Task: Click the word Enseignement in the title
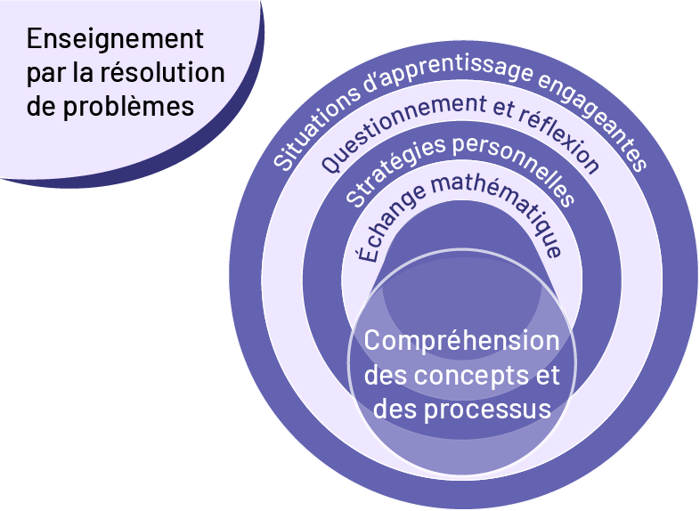pos(115,40)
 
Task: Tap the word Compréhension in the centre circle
pos(462,341)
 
